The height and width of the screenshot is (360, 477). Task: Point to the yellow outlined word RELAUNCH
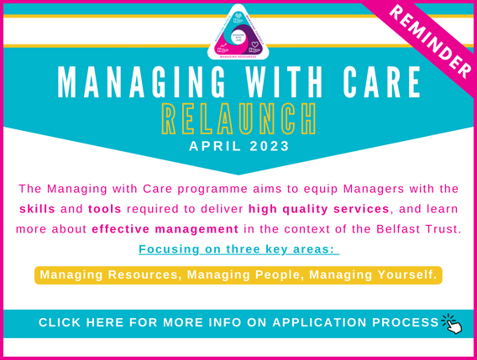[239, 121]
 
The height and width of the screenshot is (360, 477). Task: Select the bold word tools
[107, 207]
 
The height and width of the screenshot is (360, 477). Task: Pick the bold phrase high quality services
[320, 207]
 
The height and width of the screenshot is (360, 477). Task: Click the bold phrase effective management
[154, 228]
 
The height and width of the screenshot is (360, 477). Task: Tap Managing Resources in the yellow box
[108, 275]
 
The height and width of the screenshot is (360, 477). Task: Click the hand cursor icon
[452, 323]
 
